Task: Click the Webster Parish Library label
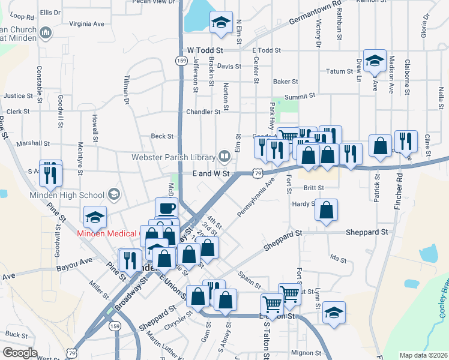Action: tap(173, 158)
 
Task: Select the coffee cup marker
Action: tap(166, 208)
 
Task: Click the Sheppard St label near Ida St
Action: tap(366, 232)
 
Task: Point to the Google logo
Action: tap(20, 353)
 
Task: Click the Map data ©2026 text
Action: tap(423, 355)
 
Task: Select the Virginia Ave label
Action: tap(87, 24)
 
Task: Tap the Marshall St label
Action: tap(34, 144)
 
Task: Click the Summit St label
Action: tap(300, 96)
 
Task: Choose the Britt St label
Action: tap(313, 188)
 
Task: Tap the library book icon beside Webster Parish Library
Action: tap(224, 157)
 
